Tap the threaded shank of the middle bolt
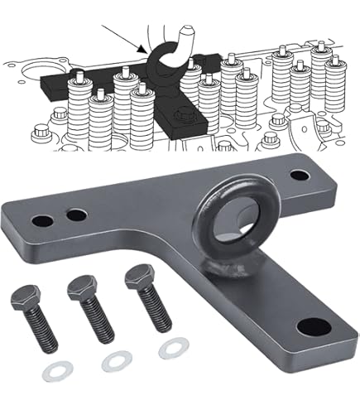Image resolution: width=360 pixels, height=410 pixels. coord(93,326)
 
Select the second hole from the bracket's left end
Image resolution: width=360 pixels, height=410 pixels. coord(76,215)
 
